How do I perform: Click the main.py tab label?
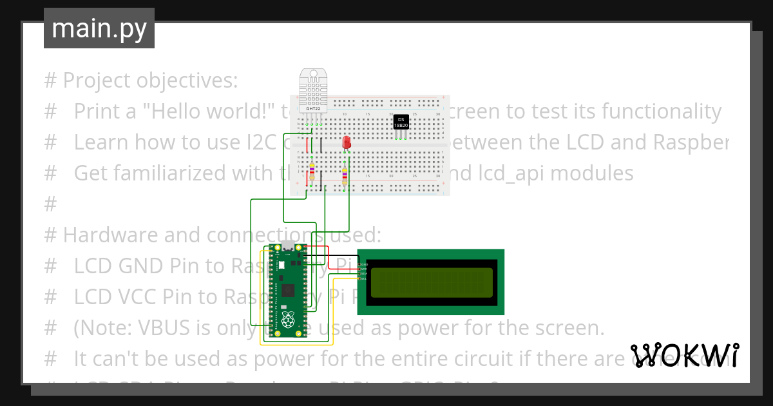click(99, 28)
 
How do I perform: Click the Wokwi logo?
click(684, 354)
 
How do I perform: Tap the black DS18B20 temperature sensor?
click(401, 122)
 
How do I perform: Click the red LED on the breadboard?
click(347, 142)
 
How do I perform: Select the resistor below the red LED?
click(345, 175)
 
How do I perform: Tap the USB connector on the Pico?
click(288, 247)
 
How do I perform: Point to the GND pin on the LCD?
click(363, 264)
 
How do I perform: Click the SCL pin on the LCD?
click(363, 278)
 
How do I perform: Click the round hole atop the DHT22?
click(312, 73)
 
